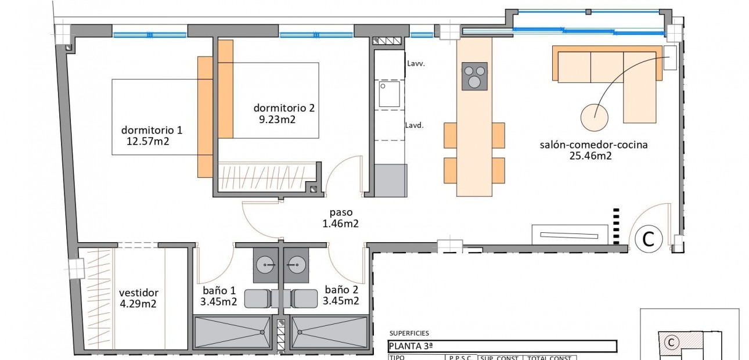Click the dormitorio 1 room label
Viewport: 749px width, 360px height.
click(151, 129)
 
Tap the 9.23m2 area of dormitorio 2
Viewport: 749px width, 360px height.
click(277, 120)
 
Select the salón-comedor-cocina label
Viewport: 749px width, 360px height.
click(593, 145)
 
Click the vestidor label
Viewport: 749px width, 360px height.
click(138, 293)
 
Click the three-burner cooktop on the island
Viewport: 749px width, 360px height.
click(474, 77)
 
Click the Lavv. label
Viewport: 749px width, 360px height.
click(416, 64)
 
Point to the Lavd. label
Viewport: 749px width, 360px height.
click(415, 125)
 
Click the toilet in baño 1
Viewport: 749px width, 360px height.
click(257, 298)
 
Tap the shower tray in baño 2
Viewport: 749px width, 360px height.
click(330, 332)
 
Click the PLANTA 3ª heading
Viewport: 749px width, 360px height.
click(410, 346)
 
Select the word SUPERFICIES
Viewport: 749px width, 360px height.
click(409, 333)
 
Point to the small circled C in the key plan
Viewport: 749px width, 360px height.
click(671, 343)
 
